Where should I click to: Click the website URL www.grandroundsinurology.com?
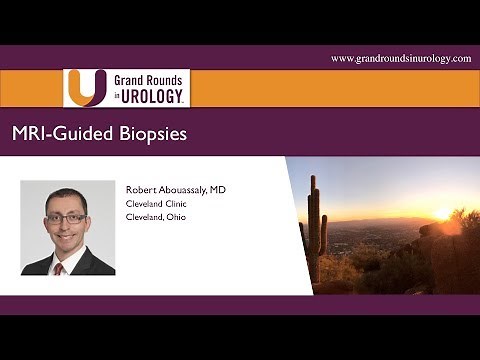click(400, 59)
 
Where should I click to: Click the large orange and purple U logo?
click(85, 88)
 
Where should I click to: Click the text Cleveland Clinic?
click(158, 203)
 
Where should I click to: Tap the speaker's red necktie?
click(60, 267)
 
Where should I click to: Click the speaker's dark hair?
click(67, 195)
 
